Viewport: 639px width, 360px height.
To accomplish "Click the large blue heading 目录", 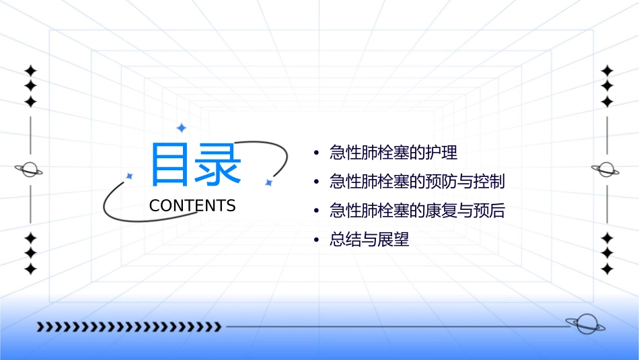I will click(195, 165).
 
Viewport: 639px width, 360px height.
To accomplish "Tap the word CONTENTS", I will click(192, 206).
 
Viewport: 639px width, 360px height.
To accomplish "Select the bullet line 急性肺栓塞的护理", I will click(393, 153).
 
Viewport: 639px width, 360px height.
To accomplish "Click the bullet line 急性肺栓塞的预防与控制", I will click(417, 182).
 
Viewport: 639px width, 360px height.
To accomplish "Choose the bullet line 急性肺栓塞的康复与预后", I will click(417, 211).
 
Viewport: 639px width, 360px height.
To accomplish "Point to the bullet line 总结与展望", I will click(369, 240).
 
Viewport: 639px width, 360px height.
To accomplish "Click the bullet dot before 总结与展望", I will click(316, 240).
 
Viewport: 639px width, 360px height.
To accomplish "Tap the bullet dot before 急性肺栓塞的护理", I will click(316, 153).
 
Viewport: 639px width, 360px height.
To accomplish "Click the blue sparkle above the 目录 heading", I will click(180, 128).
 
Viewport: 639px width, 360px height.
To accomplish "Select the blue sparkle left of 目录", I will click(130, 176).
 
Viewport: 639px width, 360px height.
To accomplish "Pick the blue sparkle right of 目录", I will click(268, 182).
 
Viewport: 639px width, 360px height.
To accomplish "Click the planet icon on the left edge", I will click(29, 170).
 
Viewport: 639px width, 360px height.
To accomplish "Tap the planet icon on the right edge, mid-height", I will click(606, 170).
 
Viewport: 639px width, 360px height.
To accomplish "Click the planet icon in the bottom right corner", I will click(585, 324).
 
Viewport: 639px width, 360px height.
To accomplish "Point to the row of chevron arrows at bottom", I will click(128, 328).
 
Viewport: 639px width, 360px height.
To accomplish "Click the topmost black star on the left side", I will click(30, 71).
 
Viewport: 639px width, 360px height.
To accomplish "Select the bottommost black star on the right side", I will click(607, 269).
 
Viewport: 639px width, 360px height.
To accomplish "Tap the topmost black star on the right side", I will click(607, 71).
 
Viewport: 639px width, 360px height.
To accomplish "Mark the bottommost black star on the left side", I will click(30, 269).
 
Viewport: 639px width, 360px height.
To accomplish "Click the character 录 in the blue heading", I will click(219, 165).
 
